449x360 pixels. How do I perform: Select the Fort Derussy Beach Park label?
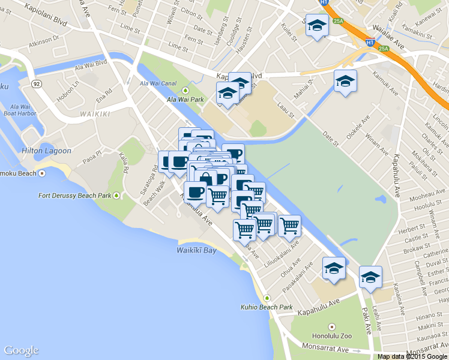(74, 196)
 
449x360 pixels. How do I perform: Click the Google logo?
(21, 350)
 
